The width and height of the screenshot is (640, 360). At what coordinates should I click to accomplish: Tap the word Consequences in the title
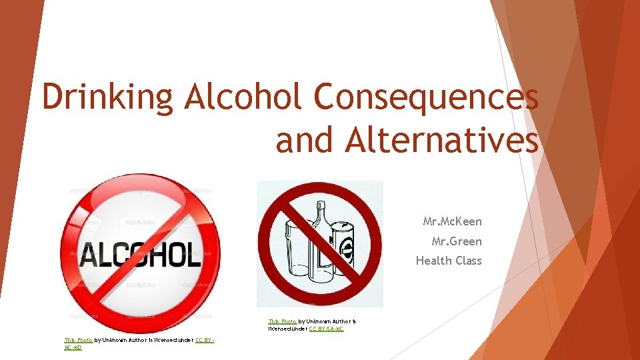coord(426,97)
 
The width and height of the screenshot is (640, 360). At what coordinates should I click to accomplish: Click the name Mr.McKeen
coord(452,221)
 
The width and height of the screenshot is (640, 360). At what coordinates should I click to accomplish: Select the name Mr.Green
coord(456,241)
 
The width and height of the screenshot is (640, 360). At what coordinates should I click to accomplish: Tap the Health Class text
coord(449,261)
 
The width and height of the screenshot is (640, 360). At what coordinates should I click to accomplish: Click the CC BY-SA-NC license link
coord(326,329)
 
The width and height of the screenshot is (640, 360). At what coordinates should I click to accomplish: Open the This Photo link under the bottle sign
coord(282,321)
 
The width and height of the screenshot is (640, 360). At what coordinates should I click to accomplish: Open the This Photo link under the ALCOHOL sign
coord(78,340)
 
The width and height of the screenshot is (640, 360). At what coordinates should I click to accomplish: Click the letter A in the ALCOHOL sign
coord(89,253)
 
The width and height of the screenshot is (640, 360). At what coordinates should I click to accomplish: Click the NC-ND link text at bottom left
coord(73,348)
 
